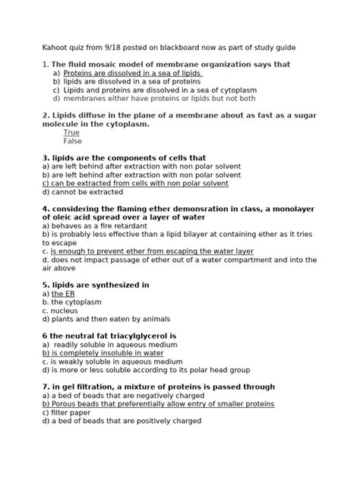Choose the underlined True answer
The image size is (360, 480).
71,131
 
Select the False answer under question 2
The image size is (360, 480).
72,141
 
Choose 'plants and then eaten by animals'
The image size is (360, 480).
110,319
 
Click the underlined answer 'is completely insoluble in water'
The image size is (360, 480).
103,353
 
